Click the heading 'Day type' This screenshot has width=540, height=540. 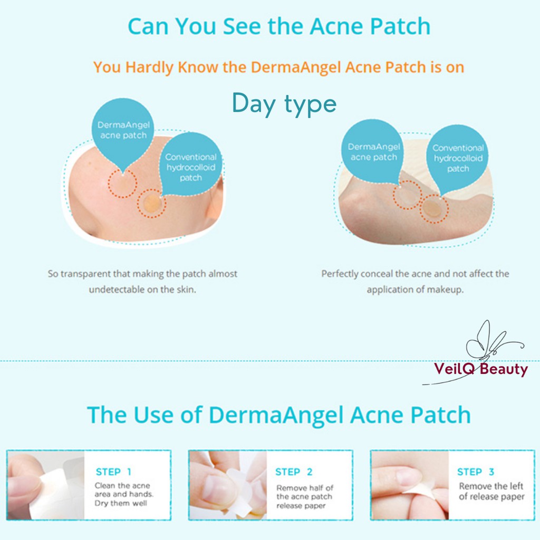point(284,104)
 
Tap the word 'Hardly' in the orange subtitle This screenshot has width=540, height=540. point(149,67)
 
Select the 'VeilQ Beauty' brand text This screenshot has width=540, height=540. point(481,369)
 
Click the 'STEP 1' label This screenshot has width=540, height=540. point(113,472)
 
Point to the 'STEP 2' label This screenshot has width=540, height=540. point(294,472)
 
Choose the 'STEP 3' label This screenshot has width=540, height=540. point(476,472)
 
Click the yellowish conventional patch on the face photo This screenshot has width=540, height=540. point(152,203)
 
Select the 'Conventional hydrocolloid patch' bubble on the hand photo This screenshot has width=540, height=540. point(458,158)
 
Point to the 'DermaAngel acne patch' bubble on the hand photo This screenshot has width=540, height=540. point(373,151)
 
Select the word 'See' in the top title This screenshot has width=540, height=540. point(242,26)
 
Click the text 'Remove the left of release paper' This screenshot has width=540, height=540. point(491,491)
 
